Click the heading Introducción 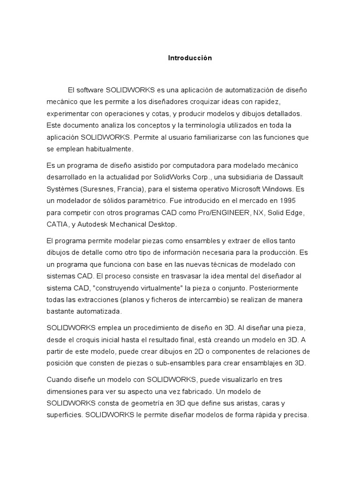click(x=190, y=58)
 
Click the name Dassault click(x=294, y=178)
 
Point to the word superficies click(x=64, y=415)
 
